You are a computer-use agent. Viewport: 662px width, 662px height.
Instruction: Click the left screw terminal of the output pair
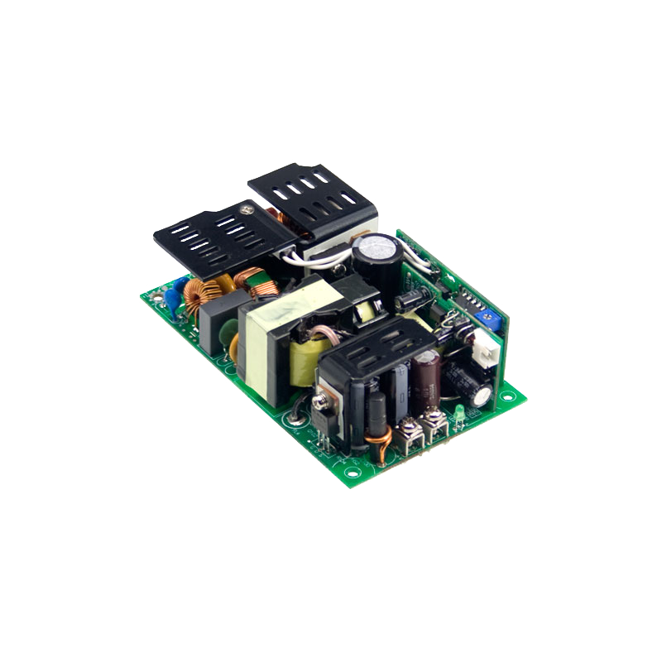(x=407, y=429)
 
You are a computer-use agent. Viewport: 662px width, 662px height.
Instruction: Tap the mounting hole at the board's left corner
(x=151, y=292)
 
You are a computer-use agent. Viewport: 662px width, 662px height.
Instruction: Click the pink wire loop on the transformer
(x=317, y=337)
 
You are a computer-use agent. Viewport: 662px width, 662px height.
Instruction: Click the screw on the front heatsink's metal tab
(x=318, y=403)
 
